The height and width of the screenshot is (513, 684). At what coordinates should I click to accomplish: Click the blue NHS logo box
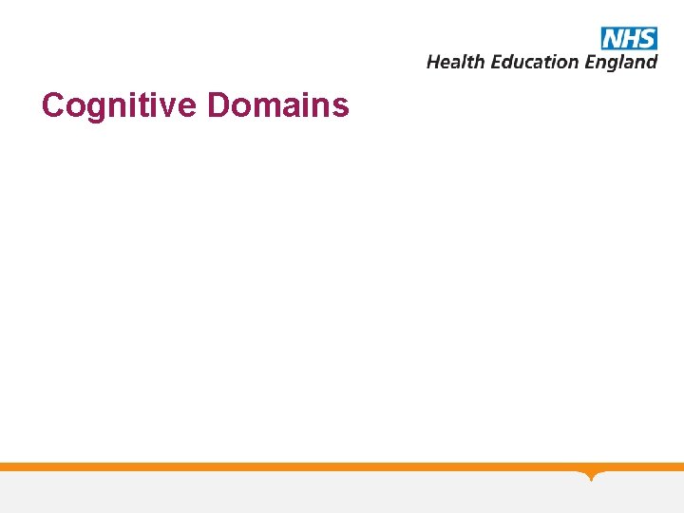[x=629, y=38]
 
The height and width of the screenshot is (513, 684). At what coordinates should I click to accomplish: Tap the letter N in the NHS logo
[x=613, y=38]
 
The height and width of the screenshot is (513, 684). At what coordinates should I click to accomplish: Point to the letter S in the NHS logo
[x=646, y=38]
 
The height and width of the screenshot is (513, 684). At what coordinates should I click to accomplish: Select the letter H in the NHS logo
[x=629, y=38]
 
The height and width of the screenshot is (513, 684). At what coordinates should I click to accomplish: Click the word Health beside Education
[x=456, y=62]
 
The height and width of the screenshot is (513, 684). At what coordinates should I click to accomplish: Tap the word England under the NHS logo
[x=620, y=63]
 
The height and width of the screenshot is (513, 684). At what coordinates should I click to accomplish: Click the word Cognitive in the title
[x=121, y=105]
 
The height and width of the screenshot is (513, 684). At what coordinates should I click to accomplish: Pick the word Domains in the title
[x=278, y=104]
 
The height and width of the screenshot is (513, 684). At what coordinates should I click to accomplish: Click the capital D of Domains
[x=219, y=104]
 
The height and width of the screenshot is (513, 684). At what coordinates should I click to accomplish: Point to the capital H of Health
[x=434, y=62]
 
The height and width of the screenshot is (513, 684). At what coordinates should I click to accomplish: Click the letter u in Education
[x=517, y=63]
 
